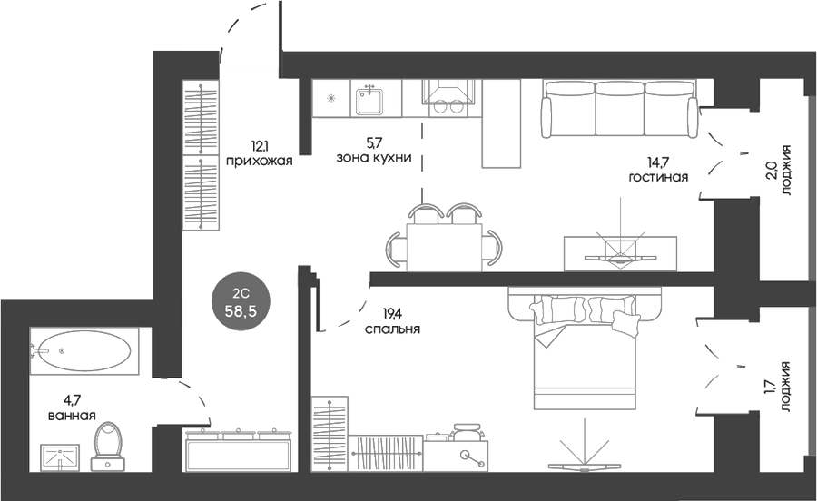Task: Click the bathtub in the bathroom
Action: pos(84,351)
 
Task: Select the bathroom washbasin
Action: pos(60,458)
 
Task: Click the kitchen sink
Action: pos(370,101)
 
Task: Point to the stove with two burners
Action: pos(448,98)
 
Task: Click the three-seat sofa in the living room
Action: pos(619,108)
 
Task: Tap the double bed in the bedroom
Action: pos(585,347)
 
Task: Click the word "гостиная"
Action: pos(659,177)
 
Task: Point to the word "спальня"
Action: pos(392,329)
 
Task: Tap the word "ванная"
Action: pos(72,416)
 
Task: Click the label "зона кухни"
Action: pos(374,157)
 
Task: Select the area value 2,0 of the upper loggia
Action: pos(772,171)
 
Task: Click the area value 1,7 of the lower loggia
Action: pos(772,387)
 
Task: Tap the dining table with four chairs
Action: pos(445,237)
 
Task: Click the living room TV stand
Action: pos(620,253)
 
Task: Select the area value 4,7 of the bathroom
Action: pos(72,400)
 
